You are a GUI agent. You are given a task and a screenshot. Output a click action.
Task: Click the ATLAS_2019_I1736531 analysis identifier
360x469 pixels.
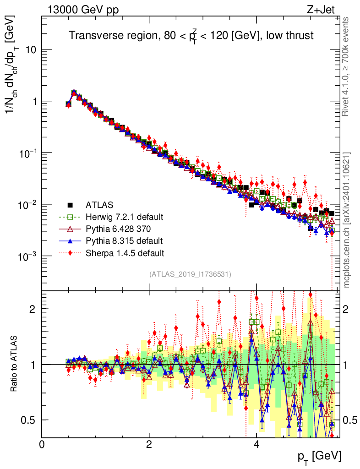pos(190,274)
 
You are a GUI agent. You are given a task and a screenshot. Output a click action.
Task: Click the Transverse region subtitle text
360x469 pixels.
pos(191,36)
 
